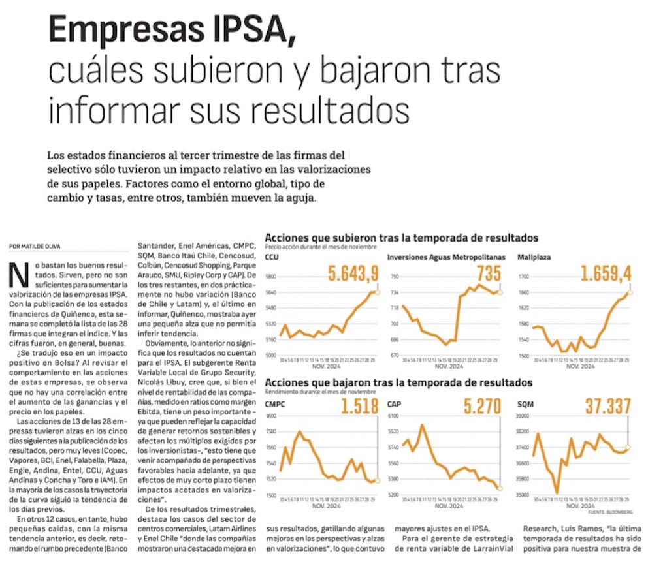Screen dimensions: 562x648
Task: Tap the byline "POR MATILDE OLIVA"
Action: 35,246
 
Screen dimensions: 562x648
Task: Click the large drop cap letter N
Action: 18,276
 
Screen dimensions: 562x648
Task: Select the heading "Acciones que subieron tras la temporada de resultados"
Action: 402,238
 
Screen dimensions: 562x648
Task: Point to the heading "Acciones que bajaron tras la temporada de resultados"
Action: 398,382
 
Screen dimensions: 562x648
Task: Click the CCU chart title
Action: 272,257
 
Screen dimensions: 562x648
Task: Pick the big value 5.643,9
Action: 353,274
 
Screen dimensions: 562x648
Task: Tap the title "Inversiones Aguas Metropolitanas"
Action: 443,257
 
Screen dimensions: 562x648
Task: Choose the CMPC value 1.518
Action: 359,407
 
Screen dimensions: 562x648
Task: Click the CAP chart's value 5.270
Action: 482,407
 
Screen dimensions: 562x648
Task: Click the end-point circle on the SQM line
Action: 628,447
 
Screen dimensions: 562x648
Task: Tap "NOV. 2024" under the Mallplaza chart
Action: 579,366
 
